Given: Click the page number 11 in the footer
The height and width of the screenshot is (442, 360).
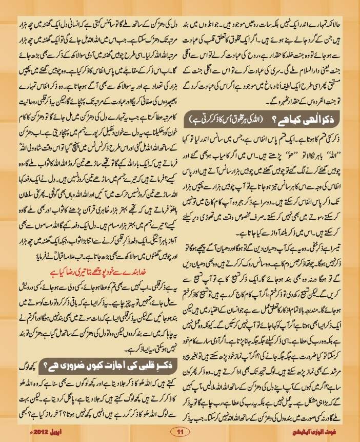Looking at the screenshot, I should coord(179,430).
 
